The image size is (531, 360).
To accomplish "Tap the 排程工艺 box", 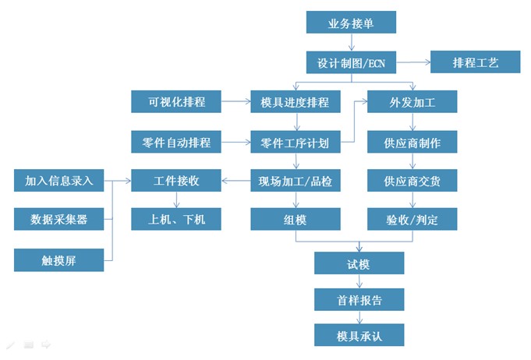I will [475, 62].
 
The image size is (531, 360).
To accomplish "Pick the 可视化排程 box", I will [176, 102].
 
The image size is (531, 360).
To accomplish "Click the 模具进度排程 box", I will [296, 102].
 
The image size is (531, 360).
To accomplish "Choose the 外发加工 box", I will [412, 102].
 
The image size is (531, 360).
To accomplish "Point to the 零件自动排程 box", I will [176, 142].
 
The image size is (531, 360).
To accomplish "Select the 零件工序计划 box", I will [296, 142].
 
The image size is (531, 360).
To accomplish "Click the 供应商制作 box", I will [412, 142].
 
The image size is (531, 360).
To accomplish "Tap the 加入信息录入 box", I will [59, 181].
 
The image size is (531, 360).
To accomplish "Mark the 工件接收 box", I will [176, 181].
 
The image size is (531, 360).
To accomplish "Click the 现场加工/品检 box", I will [296, 181].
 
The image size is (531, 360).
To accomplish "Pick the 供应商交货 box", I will [412, 181].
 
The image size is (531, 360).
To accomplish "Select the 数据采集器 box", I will [59, 220].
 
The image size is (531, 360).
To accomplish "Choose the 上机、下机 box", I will [176, 220].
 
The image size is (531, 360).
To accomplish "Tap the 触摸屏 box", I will [59, 259].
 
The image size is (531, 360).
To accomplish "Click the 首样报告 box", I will [359, 299].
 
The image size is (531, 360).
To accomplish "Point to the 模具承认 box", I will [359, 336].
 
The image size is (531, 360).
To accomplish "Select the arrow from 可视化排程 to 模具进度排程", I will [235, 102].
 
